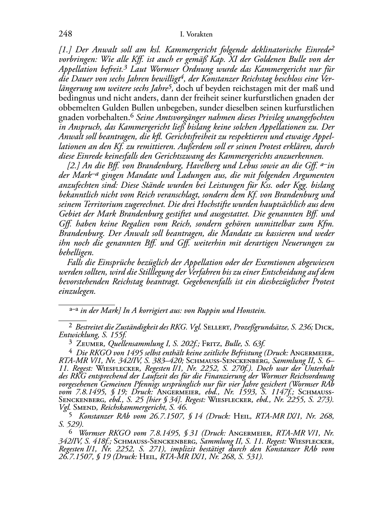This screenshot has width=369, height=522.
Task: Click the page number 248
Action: [65, 34]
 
